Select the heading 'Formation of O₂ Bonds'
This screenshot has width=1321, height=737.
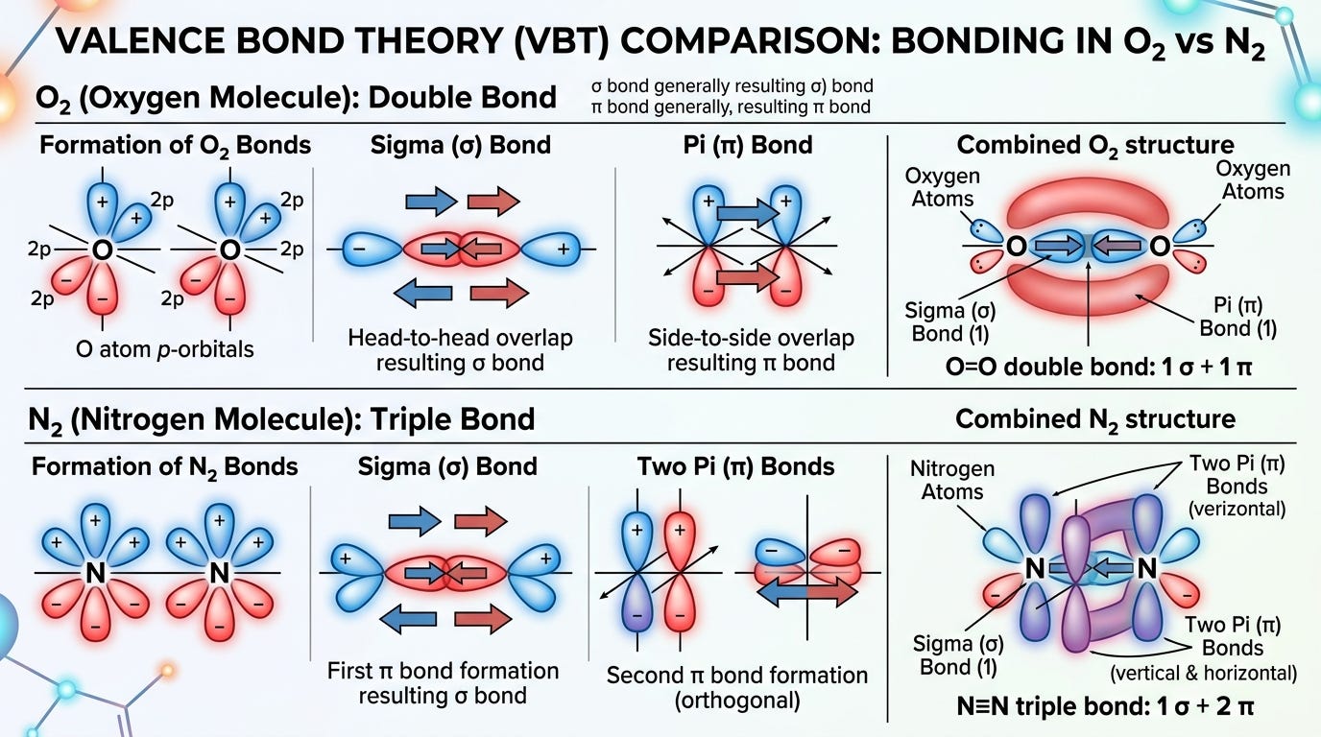coord(175,146)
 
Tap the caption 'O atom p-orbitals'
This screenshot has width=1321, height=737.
coord(164,349)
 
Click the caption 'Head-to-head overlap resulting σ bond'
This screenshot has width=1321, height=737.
coord(460,350)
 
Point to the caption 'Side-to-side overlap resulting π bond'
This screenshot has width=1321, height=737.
coord(751,350)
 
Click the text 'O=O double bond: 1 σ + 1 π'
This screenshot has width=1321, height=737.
coord(1098,367)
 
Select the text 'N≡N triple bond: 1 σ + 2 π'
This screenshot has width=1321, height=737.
coord(1105,705)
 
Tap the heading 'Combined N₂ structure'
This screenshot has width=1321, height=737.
coord(1095,419)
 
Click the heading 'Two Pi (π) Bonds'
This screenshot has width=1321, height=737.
coord(735,467)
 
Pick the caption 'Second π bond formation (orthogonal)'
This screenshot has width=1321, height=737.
coord(737,688)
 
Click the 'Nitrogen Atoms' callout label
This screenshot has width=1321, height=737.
coord(951,480)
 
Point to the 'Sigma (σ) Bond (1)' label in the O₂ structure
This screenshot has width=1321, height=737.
coord(950,321)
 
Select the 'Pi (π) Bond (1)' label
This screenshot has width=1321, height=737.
coord(1237,317)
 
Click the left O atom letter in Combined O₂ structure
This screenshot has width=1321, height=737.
coord(1016,247)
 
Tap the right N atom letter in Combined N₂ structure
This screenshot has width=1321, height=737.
coord(1146,568)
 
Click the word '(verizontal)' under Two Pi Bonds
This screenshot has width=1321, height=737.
coord(1237,509)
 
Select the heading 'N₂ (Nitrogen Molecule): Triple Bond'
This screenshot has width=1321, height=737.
coord(281,419)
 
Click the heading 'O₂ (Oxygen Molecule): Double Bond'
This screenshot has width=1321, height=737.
coord(296,98)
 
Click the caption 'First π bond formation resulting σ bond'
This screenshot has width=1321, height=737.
coord(443,683)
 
